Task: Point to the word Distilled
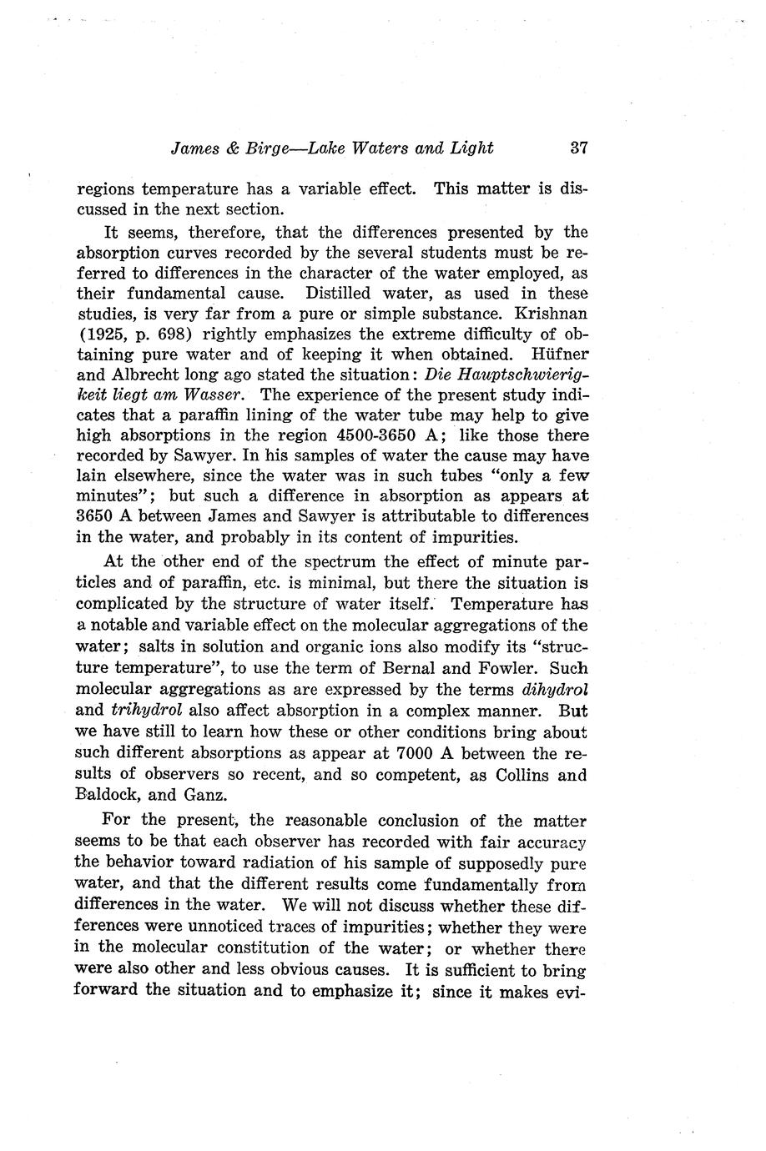click(x=338, y=294)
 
